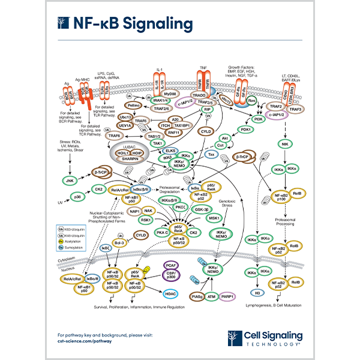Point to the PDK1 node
click(x=244, y=129)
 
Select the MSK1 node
click(x=212, y=218)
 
